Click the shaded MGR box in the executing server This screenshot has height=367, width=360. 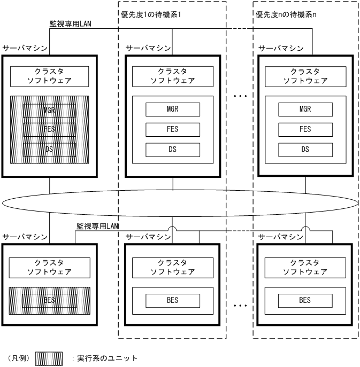pos(49,110)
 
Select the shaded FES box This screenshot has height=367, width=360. pos(49,129)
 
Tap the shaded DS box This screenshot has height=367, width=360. pos(49,149)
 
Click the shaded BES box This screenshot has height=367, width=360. pos(49,300)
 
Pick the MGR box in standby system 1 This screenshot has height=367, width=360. pos(172,110)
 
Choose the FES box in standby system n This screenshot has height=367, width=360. pos(305,129)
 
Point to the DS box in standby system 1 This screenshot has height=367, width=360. pos(172,149)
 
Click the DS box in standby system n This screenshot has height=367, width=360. pos(305,149)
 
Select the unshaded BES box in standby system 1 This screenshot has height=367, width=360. pos(172,300)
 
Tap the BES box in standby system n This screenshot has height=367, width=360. pos(305,300)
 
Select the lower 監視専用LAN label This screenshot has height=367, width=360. pos(97,227)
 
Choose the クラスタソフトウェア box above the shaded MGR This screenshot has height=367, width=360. pos(49,76)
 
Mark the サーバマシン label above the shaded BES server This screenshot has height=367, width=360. pos(25,236)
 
